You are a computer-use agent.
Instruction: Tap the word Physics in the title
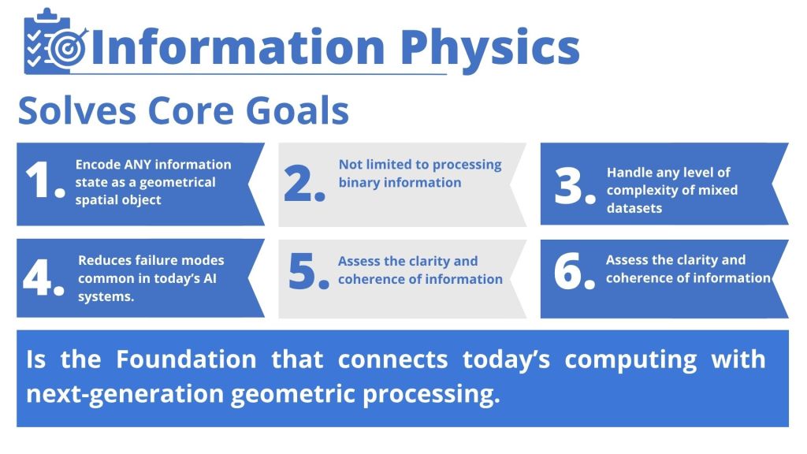pos(489,47)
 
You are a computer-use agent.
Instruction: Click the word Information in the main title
pos(238,47)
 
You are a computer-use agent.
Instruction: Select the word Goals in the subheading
pos(297,110)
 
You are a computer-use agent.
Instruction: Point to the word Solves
pos(76,110)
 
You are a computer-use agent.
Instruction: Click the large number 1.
pos(45,180)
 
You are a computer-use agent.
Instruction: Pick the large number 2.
pos(304,183)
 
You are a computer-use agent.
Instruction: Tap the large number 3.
pos(575,186)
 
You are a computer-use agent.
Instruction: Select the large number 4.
pos(44,277)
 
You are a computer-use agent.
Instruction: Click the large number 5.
pos(309,271)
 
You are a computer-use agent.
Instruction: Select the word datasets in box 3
pos(634,208)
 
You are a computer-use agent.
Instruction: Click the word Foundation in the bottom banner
pos(186,359)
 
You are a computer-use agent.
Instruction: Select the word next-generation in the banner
pos(125,395)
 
